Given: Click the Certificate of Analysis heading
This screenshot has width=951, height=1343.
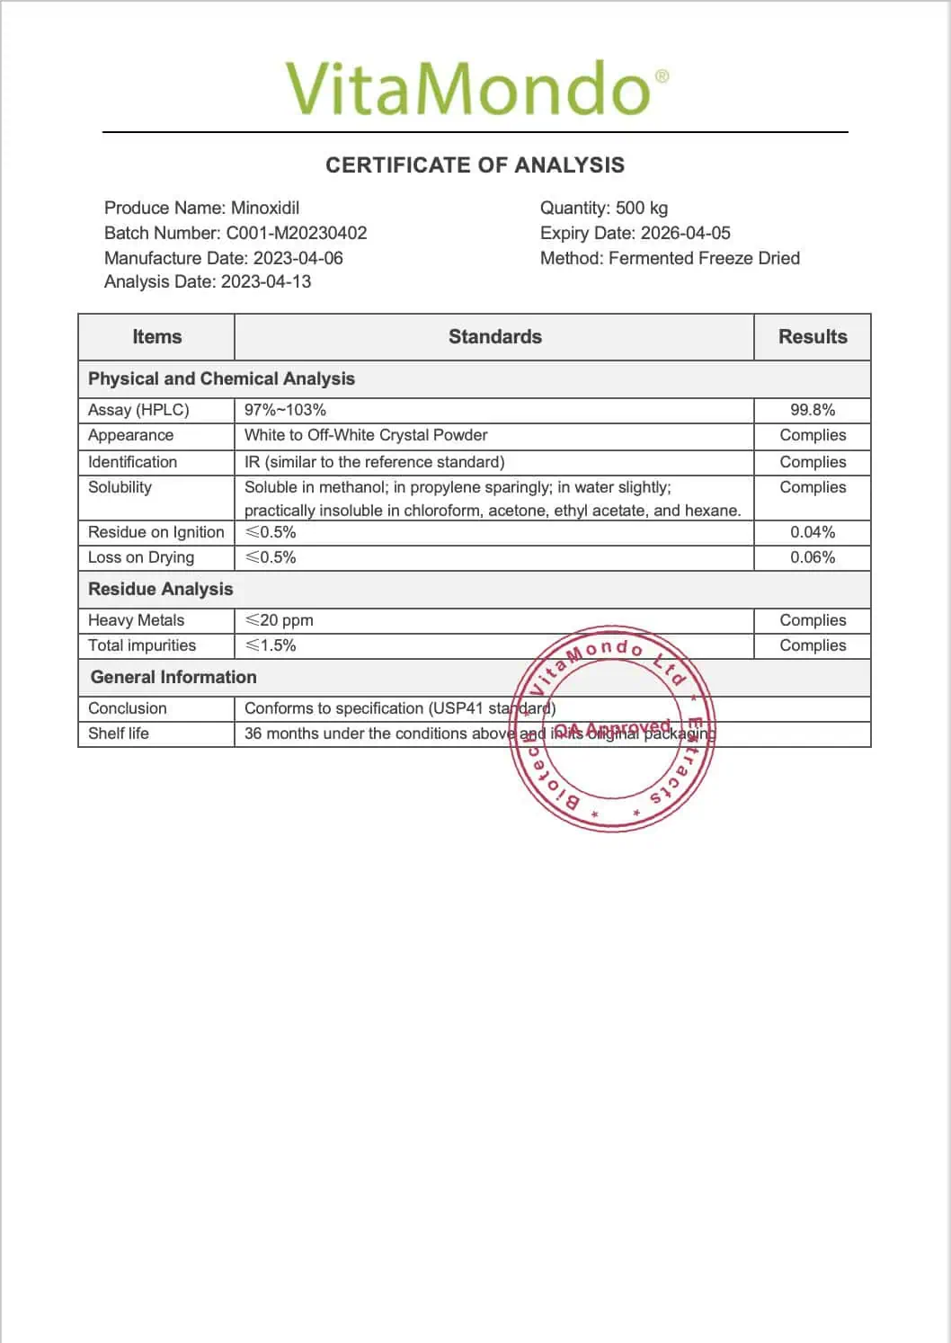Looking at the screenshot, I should pyautogui.click(x=475, y=165).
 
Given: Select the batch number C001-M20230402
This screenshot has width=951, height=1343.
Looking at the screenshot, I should pyautogui.click(x=296, y=233).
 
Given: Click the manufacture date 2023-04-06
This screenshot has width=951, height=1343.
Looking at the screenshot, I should pyautogui.click(x=298, y=258).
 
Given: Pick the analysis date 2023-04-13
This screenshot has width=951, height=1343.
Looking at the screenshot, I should pyautogui.click(x=266, y=281).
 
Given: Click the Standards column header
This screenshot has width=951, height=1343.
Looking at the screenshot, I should pyautogui.click(x=494, y=337).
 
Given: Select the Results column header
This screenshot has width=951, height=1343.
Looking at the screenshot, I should pyautogui.click(x=813, y=337).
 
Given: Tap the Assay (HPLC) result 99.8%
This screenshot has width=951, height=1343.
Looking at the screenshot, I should pyautogui.click(x=813, y=410).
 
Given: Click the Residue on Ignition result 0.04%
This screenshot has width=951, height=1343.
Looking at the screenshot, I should pyautogui.click(x=813, y=532).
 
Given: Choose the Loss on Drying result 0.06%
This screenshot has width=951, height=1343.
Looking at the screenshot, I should pyautogui.click(x=813, y=557).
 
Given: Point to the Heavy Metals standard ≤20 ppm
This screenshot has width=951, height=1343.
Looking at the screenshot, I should pyautogui.click(x=280, y=620).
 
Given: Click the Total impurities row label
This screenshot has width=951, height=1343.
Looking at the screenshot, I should pyautogui.click(x=142, y=645).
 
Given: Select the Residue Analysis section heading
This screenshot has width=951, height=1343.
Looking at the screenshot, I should pyautogui.click(x=160, y=589).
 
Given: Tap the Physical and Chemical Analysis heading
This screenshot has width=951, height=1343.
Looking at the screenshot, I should pyautogui.click(x=221, y=378).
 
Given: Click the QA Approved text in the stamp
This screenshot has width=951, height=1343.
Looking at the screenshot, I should pyautogui.click(x=612, y=728).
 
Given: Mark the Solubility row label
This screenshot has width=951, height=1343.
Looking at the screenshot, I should pyautogui.click(x=120, y=487).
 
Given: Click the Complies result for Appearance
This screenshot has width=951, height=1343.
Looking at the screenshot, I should pyautogui.click(x=813, y=435).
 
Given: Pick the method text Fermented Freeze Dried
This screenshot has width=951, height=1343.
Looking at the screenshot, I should pyautogui.click(x=704, y=258).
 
